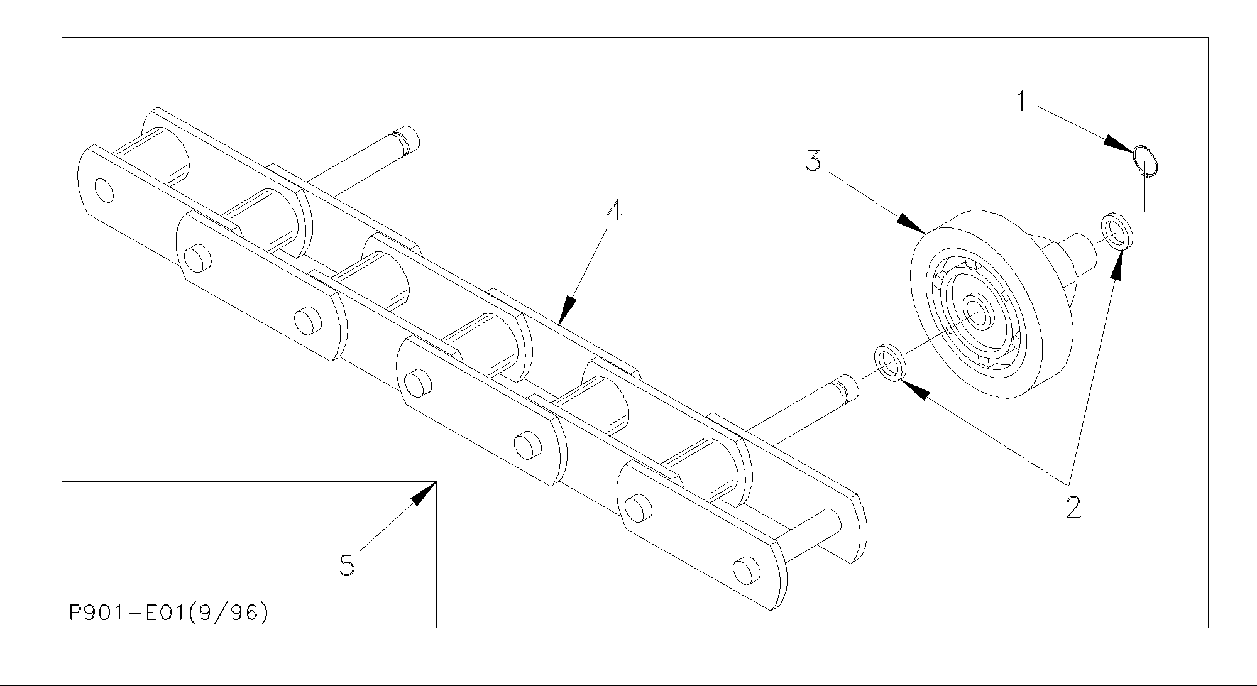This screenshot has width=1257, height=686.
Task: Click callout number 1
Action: click(1021, 101)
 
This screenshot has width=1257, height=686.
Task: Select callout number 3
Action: click(813, 161)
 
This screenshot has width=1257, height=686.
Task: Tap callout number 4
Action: click(613, 210)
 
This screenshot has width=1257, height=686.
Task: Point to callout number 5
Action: click(347, 565)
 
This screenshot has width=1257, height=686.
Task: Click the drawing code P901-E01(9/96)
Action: click(168, 612)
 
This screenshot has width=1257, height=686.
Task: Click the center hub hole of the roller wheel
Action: click(976, 309)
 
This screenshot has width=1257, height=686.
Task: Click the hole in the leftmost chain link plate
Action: click(104, 190)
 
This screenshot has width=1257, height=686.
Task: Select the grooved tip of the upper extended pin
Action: click(405, 138)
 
